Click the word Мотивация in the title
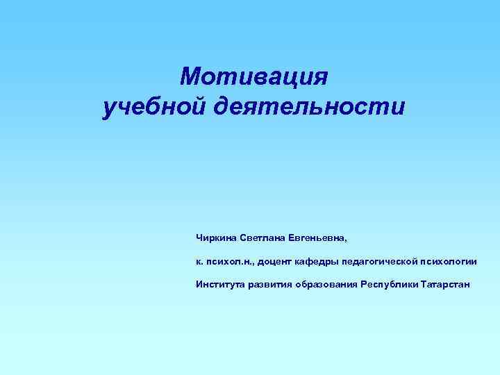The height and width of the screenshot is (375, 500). point(253,76)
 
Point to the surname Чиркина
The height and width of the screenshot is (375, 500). point(216,237)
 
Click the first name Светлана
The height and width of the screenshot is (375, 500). point(263,237)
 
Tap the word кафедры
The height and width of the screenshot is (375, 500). point(320,261)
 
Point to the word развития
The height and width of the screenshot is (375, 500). point(269,284)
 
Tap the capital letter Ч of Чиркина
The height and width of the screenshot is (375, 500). point(199,237)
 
